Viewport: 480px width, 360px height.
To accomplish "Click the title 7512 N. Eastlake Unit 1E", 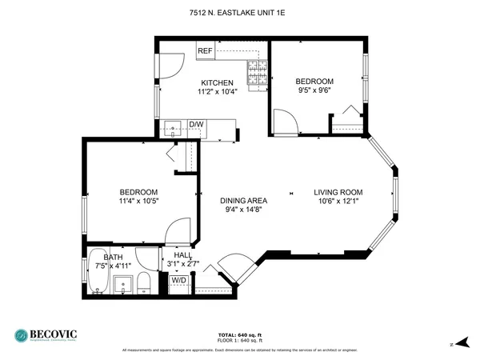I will coord(239,12).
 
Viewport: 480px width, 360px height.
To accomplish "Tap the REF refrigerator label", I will coord(206,51).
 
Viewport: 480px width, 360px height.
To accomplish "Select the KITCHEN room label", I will coord(217,82).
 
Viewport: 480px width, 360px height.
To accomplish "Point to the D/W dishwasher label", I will coord(196,124).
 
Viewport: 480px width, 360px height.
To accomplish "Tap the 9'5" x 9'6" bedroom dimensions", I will coord(314,91).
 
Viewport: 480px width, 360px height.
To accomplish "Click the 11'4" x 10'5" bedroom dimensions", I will coord(138,201).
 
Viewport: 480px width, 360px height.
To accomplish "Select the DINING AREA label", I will coord(244,200).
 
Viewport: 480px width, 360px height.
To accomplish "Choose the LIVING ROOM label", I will coord(338,192).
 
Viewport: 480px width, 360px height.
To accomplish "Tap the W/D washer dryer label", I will coord(178,280).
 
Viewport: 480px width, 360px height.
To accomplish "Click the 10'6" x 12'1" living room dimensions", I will coord(338,202).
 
